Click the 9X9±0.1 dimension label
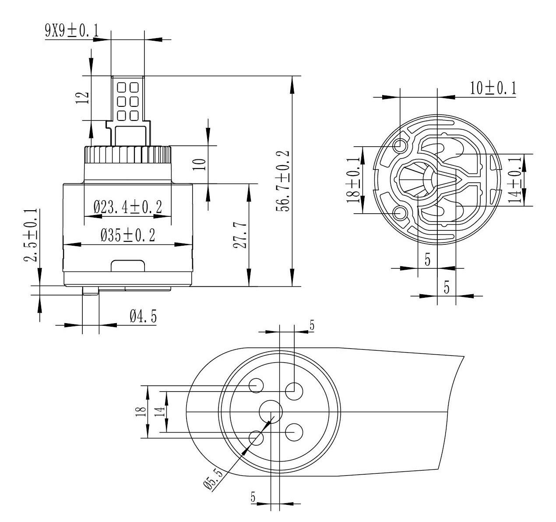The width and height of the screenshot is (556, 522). [x=72, y=31]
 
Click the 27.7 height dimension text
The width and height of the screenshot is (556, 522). [x=240, y=236]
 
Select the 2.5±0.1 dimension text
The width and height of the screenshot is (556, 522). [x=31, y=235]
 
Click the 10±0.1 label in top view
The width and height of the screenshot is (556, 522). [x=493, y=88]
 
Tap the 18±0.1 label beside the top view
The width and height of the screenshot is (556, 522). [x=353, y=180]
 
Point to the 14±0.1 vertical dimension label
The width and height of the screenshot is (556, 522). [x=514, y=180]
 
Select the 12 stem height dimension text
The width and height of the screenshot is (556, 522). [x=83, y=98]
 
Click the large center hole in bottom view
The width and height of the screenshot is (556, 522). [x=271, y=411]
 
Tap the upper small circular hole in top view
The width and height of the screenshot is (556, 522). [x=400, y=146]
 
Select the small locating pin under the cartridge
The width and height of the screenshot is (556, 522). [x=91, y=290]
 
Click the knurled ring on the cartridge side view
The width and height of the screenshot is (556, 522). [x=128, y=154]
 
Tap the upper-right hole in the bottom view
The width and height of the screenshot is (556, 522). [x=294, y=391]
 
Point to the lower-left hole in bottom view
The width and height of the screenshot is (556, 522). [x=256, y=438]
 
